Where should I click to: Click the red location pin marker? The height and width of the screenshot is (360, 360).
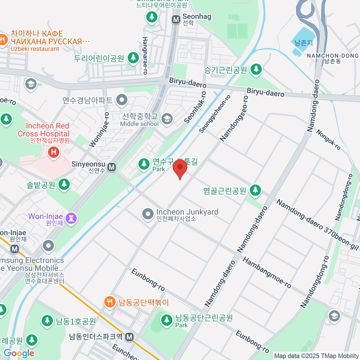tap(180, 168)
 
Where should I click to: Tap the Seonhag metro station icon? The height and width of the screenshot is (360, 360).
tap(176, 20)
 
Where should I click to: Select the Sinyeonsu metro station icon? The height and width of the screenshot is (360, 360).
tap(112, 167)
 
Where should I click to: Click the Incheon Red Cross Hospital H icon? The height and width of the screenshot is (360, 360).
tap(54, 152)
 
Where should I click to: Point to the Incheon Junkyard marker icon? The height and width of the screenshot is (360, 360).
tap(148, 214)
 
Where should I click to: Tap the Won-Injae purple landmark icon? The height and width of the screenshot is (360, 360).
tap(71, 218)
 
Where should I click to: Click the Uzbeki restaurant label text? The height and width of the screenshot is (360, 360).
tap(35, 49)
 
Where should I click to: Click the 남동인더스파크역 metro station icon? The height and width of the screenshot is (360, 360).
tap(130, 337)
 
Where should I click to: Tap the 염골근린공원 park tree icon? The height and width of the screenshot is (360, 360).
tap(255, 190)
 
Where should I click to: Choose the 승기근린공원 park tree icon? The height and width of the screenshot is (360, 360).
tap(256, 69)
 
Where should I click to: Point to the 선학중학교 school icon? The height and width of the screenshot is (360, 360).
tap(167, 119)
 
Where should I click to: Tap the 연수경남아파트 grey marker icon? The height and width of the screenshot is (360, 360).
tap(122, 100)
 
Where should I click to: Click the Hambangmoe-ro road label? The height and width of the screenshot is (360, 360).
tap(267, 273)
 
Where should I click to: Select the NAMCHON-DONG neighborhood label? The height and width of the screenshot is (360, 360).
tap(332, 56)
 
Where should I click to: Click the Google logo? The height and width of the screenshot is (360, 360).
tap(19, 353)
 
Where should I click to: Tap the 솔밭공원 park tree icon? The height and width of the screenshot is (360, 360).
tap(64, 184)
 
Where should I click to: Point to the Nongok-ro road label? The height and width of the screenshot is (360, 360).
tap(328, 140)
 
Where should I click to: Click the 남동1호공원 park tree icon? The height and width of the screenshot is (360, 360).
tap(47, 321)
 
